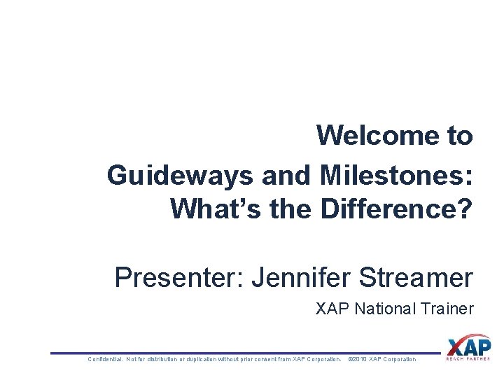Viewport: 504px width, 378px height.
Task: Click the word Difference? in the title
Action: [x=397, y=209]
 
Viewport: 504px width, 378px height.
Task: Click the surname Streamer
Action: [x=416, y=278]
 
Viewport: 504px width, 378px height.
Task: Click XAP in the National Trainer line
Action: [x=334, y=309]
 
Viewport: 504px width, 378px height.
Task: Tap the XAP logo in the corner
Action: [x=468, y=346]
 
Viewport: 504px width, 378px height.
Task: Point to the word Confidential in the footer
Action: [x=104, y=360]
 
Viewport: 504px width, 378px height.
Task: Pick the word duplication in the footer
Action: [x=202, y=360]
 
